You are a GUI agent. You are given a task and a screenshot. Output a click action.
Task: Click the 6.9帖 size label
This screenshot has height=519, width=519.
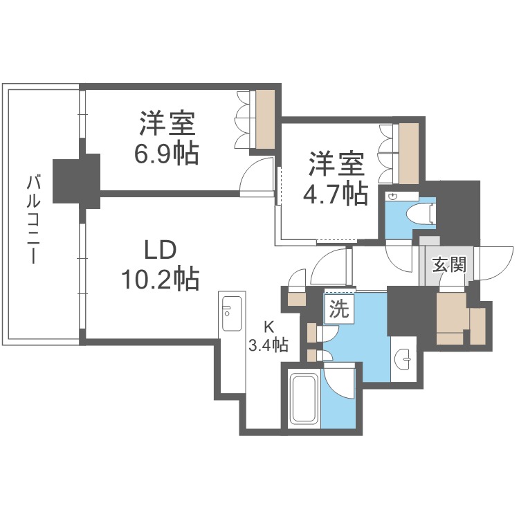click(166, 153)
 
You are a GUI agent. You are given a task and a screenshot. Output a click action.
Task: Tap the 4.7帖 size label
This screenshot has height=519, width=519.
click(336, 194)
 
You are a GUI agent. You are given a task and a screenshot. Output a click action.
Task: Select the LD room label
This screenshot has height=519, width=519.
click(161, 251)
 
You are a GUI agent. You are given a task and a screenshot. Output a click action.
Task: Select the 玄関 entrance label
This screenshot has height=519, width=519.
click(448, 264)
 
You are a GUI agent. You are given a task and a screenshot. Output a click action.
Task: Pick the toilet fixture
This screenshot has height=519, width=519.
click(419, 213)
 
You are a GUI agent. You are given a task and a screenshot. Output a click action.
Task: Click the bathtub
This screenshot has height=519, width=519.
click(303, 399)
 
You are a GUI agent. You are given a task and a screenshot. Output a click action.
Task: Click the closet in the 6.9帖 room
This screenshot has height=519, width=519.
click(264, 119)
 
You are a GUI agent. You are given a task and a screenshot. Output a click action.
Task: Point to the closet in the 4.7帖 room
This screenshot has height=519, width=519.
click(408, 148)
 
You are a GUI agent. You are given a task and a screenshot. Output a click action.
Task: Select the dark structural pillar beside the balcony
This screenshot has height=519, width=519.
click(77, 179)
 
